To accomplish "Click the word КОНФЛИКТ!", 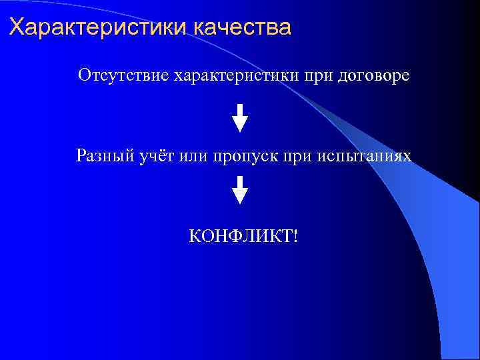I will click(243, 235).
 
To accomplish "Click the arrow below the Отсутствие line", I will click(240, 117).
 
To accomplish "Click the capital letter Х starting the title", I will click(17, 29).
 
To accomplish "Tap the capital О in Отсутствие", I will click(84, 75).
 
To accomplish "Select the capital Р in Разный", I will click(81, 156).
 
